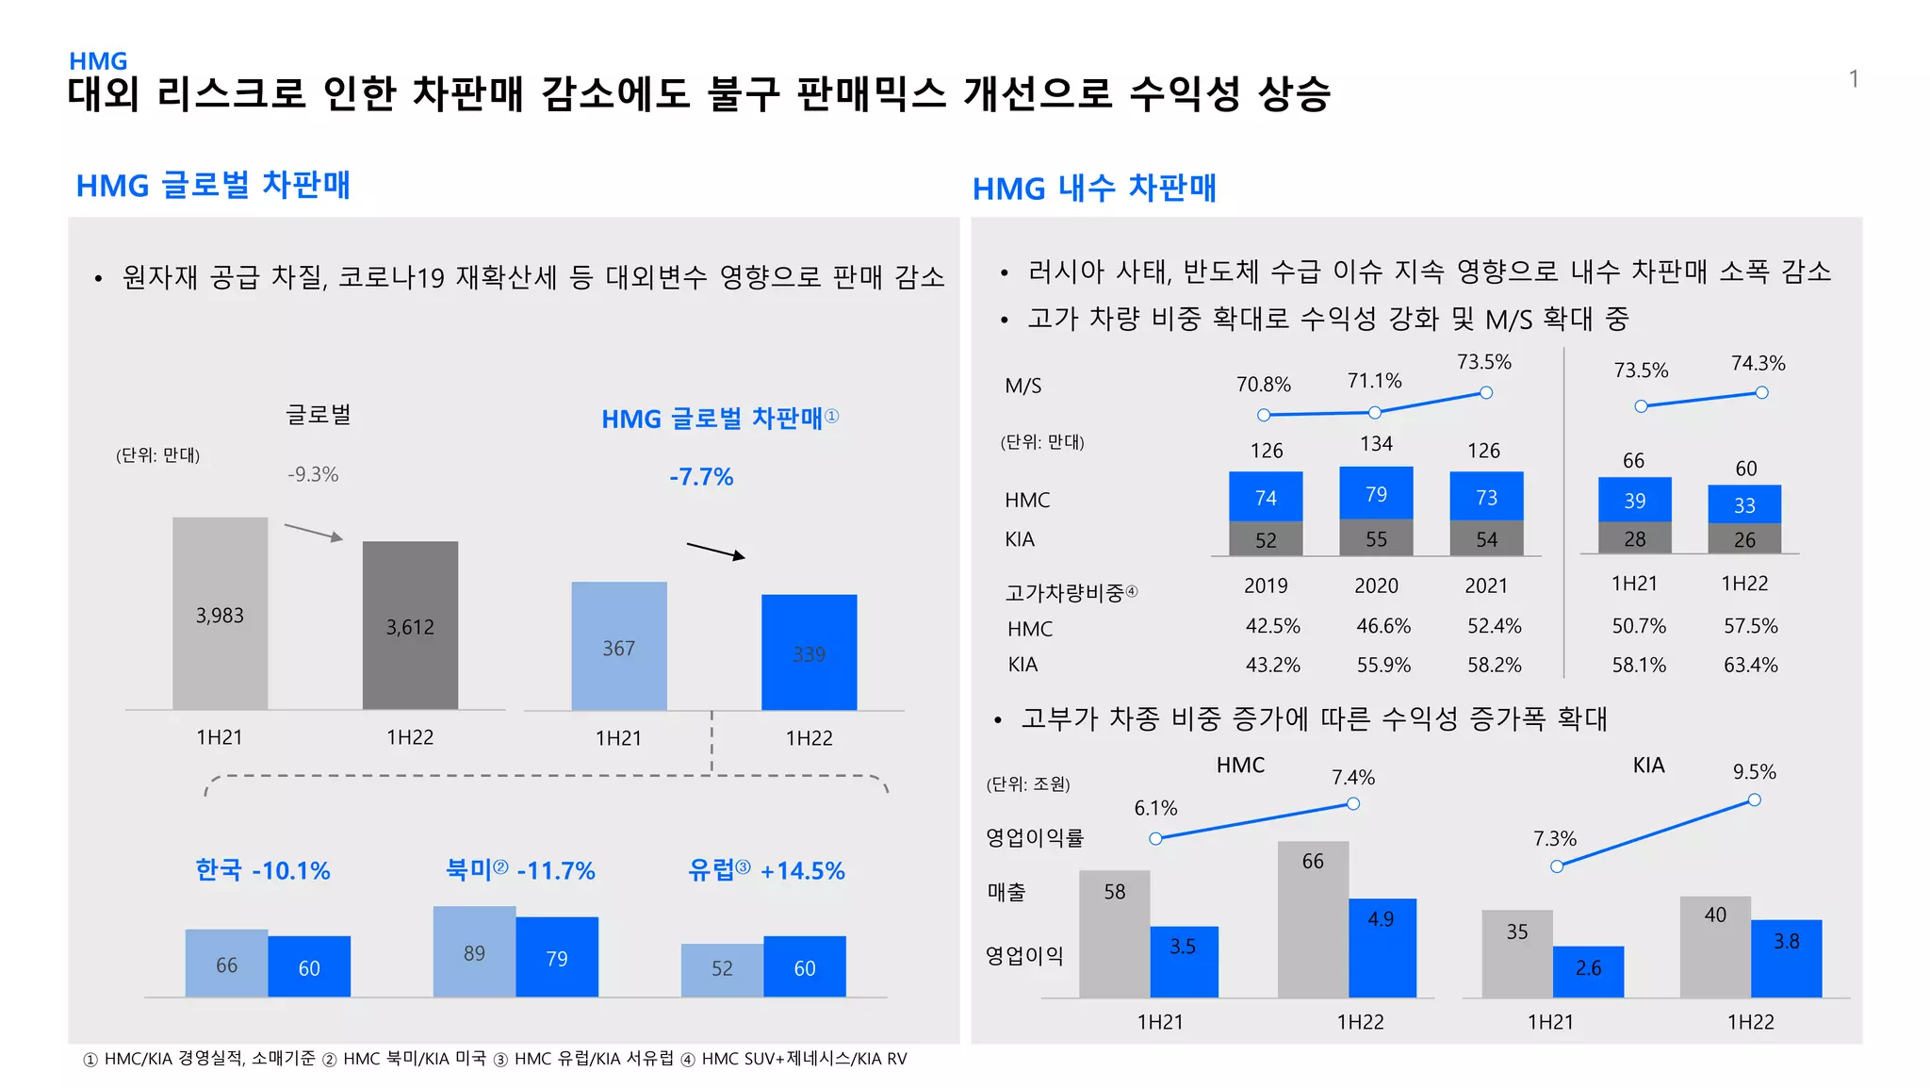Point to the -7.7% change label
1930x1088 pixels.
tap(701, 477)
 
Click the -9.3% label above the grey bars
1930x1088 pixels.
tap(313, 474)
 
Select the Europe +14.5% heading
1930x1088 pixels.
tap(766, 870)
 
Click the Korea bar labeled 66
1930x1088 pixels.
tap(226, 964)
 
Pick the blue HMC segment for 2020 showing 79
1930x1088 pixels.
tap(1376, 493)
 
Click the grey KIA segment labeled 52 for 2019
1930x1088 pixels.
tap(1266, 539)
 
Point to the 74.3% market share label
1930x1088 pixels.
tap(1758, 364)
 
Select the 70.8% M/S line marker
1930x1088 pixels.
tap(1264, 415)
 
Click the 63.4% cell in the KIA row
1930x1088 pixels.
tap(1750, 666)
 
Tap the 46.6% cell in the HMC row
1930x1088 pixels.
tap(1383, 626)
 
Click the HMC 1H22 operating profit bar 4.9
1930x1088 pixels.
tap(1382, 948)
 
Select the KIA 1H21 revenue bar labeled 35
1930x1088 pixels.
tap(1516, 952)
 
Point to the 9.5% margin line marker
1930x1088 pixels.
tap(1754, 800)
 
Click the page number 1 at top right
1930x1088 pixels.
tap(1853, 79)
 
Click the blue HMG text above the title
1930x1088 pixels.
tap(98, 61)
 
